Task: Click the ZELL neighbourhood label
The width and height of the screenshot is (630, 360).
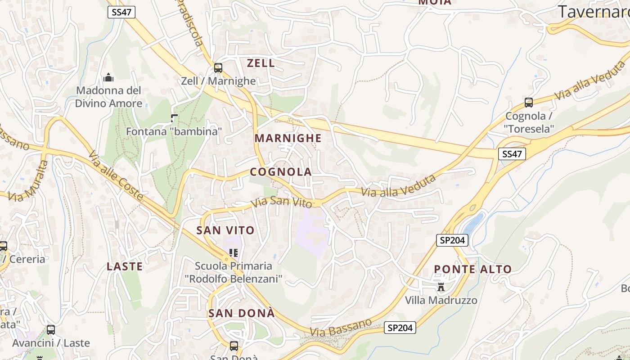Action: click(x=261, y=63)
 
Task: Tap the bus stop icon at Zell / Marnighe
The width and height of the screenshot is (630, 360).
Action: click(x=218, y=68)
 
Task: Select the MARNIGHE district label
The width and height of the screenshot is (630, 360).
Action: click(x=288, y=138)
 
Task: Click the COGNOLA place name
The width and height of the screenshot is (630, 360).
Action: click(x=281, y=172)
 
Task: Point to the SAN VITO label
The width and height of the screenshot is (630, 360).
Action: click(x=225, y=230)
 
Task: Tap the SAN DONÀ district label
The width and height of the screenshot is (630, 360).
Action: click(x=241, y=313)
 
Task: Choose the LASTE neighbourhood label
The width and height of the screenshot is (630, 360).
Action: click(x=125, y=266)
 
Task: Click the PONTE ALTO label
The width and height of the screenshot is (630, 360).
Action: click(x=472, y=270)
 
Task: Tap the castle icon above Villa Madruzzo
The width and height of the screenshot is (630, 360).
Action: click(x=441, y=287)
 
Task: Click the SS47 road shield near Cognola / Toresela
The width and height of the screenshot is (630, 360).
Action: click(x=512, y=154)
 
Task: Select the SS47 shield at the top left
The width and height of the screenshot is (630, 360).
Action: click(x=121, y=12)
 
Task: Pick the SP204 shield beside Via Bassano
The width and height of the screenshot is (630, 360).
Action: click(x=400, y=328)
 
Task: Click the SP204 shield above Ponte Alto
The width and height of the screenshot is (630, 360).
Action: click(x=452, y=240)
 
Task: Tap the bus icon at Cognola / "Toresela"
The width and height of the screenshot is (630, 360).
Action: click(x=529, y=103)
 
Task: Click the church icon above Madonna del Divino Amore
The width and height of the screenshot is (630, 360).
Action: click(x=108, y=77)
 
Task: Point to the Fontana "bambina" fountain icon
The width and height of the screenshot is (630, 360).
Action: click(x=174, y=119)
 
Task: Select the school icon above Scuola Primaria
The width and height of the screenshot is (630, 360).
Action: click(x=233, y=253)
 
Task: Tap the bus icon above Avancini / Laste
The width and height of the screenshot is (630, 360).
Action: click(x=51, y=330)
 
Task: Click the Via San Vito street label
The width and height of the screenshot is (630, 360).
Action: click(x=282, y=202)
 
